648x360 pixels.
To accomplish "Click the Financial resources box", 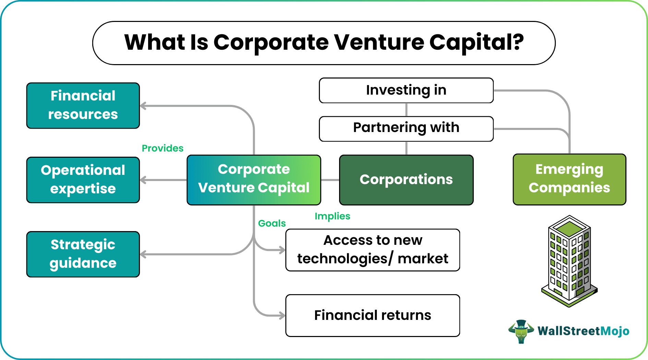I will point(83,106).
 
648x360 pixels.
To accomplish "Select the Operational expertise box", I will point(83,180).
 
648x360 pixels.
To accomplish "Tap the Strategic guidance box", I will point(83,254).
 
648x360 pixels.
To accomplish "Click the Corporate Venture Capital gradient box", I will point(254,180).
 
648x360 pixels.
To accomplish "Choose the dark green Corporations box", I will point(406,180).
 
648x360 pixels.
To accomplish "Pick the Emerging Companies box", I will point(569,179).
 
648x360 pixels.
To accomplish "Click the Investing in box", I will point(406,91).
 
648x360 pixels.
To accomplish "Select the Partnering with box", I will point(406,129).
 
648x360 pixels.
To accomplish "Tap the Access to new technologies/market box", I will point(373,250).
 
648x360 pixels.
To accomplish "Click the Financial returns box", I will point(373,315).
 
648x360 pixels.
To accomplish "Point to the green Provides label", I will point(163,148).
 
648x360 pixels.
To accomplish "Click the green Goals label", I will point(272,223).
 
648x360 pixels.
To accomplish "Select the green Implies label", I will point(332,216).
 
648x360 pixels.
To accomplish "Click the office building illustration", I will point(569,261).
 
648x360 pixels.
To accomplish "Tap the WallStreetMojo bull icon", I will point(521,331).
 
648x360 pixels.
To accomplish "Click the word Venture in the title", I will point(379,43).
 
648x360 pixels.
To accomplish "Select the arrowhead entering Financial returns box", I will point(282,315).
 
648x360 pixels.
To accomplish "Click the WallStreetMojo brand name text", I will point(583,331).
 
